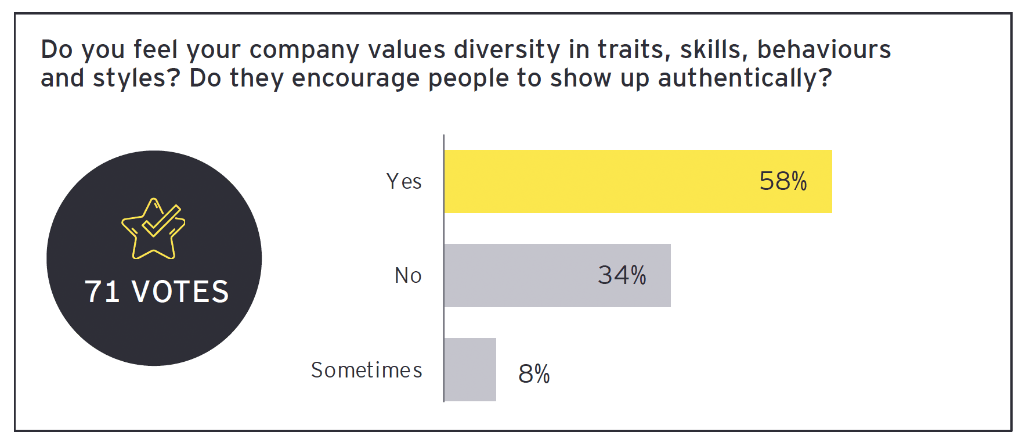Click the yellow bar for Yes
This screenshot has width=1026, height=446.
coord(598,181)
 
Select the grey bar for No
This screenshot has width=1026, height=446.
coord(522,275)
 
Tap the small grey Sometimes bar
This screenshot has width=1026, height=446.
coord(470,369)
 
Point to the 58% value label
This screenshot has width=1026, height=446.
coord(783,181)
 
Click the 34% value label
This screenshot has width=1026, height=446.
coord(622,275)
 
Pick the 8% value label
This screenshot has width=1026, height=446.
coord(534,373)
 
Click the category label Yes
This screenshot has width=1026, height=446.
coord(404,181)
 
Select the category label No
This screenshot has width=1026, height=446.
coord(408,275)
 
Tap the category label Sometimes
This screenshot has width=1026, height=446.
coord(366,370)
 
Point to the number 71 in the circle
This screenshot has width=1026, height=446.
coord(102,292)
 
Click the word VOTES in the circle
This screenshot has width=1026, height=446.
coord(180,292)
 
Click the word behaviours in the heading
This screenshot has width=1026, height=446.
coord(824,50)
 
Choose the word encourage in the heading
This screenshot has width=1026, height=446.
coord(355,78)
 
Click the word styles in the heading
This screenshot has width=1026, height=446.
coord(132,78)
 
